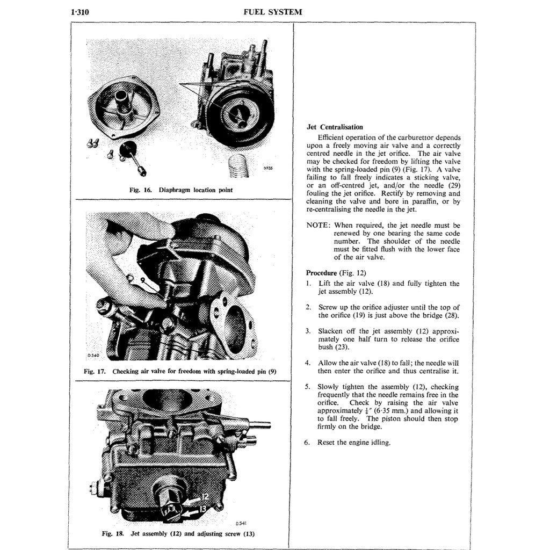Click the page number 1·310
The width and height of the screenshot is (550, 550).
tap(79, 12)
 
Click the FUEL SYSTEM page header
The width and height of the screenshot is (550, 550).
tap(273, 12)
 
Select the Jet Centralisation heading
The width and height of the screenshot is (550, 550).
tap(335, 127)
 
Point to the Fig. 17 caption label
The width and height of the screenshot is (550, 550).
tap(95, 371)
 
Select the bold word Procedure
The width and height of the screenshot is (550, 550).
tap(321, 272)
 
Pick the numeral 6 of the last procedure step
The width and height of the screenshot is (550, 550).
tap(309, 443)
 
